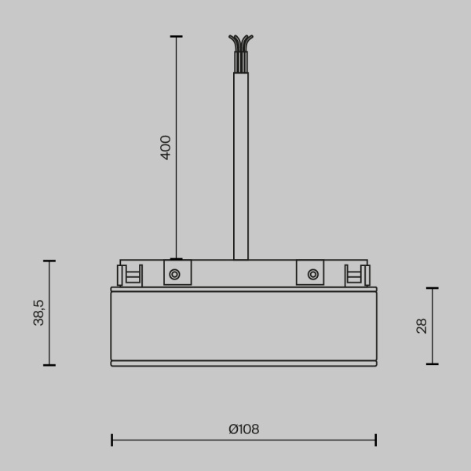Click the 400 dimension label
(x=166, y=147)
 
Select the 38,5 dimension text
(x=38, y=312)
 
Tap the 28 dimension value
(x=422, y=326)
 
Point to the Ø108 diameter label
(x=243, y=429)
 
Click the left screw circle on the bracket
(x=174, y=274)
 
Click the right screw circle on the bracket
(x=312, y=274)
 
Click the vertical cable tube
(x=241, y=165)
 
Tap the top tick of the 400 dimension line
(x=176, y=36)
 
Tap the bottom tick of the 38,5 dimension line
(x=49, y=365)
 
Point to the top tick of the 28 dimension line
(x=432, y=288)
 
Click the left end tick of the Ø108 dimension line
(x=111, y=440)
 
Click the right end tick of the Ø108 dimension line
(x=376, y=440)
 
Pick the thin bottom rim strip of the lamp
(x=243, y=363)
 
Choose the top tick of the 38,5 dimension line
(x=49, y=261)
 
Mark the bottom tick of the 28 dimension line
(x=432, y=364)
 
